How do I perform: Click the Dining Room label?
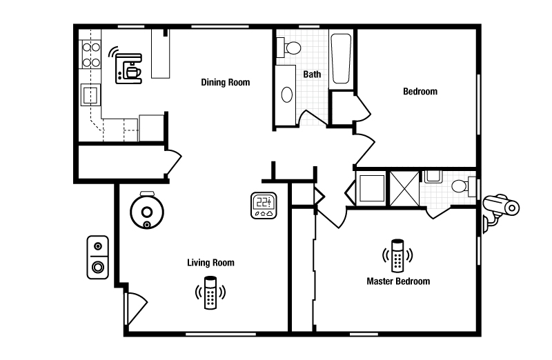(x=226, y=82)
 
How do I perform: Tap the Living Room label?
(x=210, y=263)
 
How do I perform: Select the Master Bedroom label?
(x=398, y=281)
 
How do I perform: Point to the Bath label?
(x=312, y=74)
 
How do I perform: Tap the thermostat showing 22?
(x=264, y=206)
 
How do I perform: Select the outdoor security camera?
(x=500, y=212)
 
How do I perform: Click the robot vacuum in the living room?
(x=147, y=211)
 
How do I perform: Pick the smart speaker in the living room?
(x=210, y=293)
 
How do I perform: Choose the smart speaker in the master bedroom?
(x=397, y=256)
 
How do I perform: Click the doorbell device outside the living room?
(x=97, y=257)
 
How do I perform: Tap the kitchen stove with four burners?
(x=91, y=54)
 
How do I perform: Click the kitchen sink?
(x=90, y=94)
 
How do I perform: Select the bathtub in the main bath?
(x=341, y=59)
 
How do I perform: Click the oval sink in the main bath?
(x=287, y=94)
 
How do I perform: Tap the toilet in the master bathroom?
(x=463, y=186)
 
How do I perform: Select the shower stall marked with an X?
(x=404, y=189)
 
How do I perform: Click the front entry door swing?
(x=136, y=309)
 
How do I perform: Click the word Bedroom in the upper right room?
(x=420, y=92)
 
